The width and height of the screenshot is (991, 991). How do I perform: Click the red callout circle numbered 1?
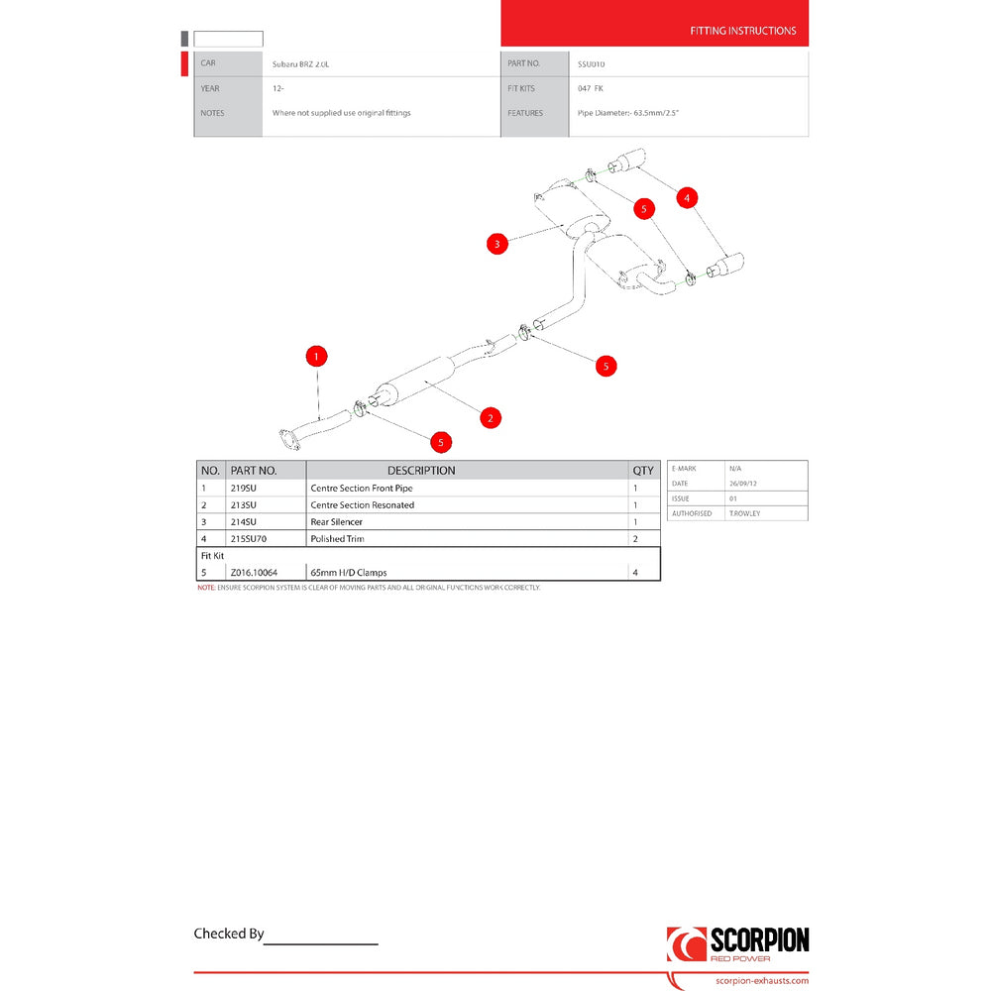(x=316, y=355)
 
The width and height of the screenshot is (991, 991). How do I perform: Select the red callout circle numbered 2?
(x=491, y=417)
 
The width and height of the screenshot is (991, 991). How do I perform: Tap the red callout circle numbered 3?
(x=498, y=243)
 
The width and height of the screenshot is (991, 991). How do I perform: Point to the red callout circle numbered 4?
(x=687, y=198)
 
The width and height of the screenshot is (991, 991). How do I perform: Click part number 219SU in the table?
(x=244, y=489)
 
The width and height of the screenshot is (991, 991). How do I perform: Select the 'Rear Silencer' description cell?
(x=337, y=521)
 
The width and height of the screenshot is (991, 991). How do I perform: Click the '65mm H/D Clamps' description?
(x=349, y=573)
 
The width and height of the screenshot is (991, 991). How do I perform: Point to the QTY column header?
(x=644, y=471)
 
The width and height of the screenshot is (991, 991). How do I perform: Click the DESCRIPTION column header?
(x=421, y=471)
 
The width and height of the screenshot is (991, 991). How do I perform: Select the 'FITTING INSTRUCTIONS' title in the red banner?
(x=743, y=31)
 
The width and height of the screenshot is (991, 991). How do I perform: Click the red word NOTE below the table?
(x=205, y=588)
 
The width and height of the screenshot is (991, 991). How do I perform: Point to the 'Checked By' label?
(x=229, y=934)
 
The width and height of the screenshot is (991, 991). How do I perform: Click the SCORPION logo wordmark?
(x=759, y=939)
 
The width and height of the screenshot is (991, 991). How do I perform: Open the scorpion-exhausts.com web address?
(x=761, y=981)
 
